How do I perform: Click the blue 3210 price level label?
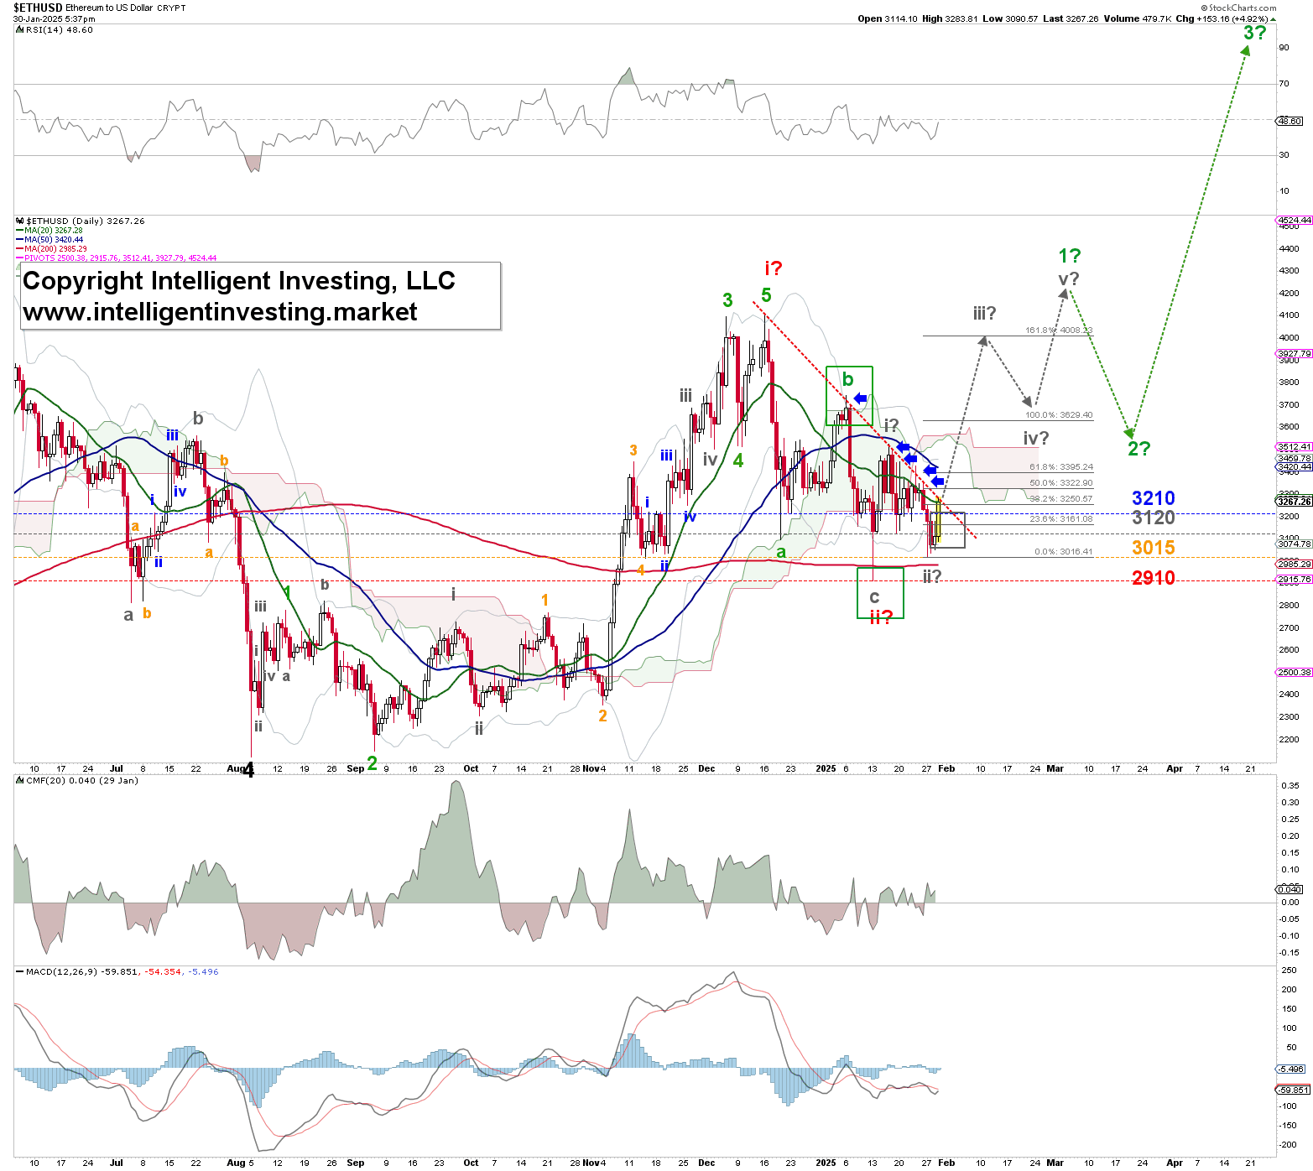coord(1153,498)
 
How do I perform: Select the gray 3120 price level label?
coord(1153,518)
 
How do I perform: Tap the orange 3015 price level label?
coord(1153,548)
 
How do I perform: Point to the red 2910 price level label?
coord(1153,577)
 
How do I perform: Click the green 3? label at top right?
coord(1254,33)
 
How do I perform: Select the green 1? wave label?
coord(1069,256)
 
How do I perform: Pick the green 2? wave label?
coord(1138,448)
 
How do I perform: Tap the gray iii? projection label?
coord(984,313)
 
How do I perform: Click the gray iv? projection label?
coord(1035,438)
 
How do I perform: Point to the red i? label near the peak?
coord(773,268)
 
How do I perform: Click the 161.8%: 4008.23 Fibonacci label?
coord(1059,330)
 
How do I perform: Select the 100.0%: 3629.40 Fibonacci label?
coord(1059,415)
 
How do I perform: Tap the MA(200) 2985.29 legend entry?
coord(55,249)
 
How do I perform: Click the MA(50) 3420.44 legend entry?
coord(54,240)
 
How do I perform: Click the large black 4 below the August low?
coord(248,770)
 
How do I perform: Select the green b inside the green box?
coord(847,379)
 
